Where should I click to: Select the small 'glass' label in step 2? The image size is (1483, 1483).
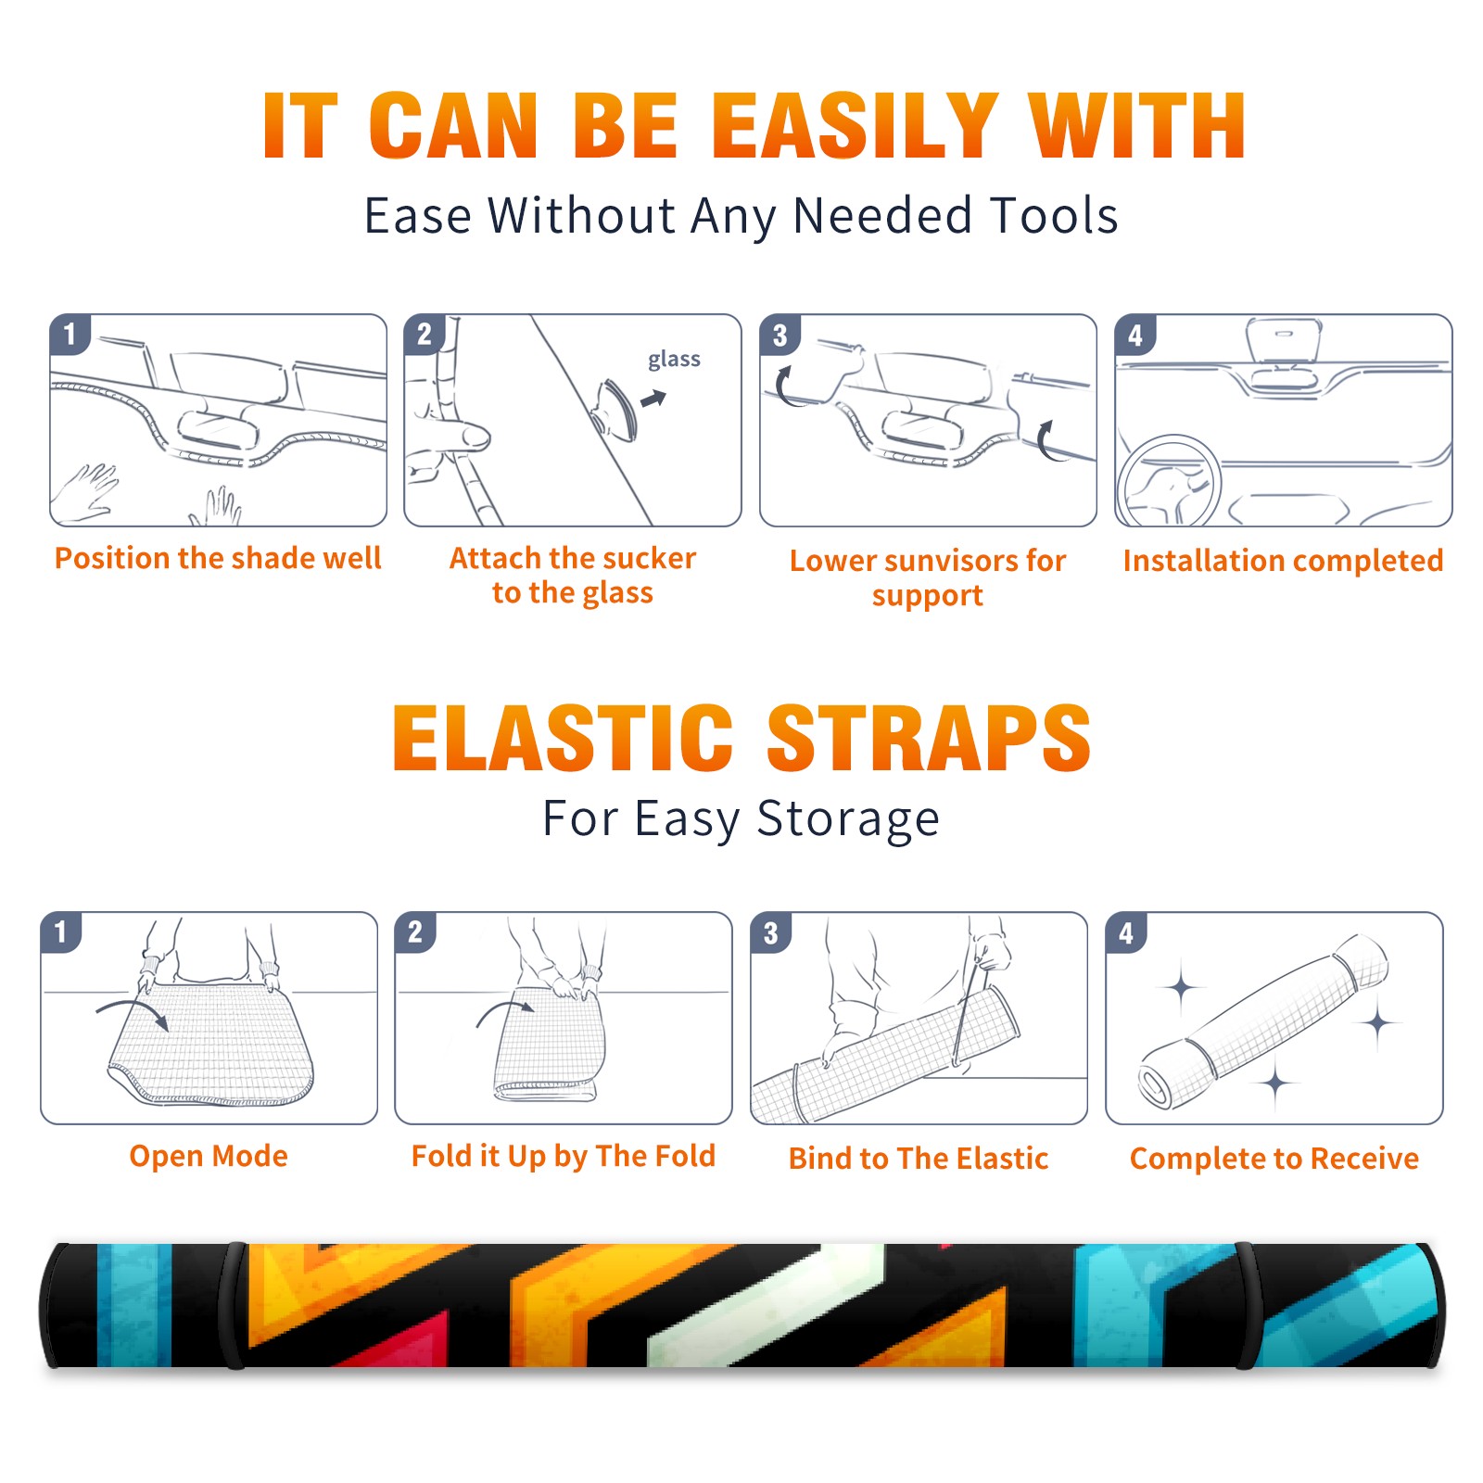pyautogui.click(x=674, y=360)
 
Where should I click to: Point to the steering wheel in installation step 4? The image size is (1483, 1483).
pyautogui.click(x=1169, y=481)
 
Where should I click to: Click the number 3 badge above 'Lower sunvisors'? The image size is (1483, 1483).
pyautogui.click(x=780, y=335)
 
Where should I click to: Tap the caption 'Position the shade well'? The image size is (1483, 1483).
pyautogui.click(x=218, y=558)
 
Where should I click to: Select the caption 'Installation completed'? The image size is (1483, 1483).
pyautogui.click(x=1283, y=560)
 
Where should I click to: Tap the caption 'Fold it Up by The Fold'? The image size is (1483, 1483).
pyautogui.click(x=564, y=1156)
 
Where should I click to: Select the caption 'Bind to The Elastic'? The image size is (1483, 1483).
pyautogui.click(x=919, y=1158)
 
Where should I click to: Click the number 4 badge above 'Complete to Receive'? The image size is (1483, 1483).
pyautogui.click(x=1126, y=932)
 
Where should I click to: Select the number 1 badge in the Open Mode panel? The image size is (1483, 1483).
pyautogui.click(x=61, y=932)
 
